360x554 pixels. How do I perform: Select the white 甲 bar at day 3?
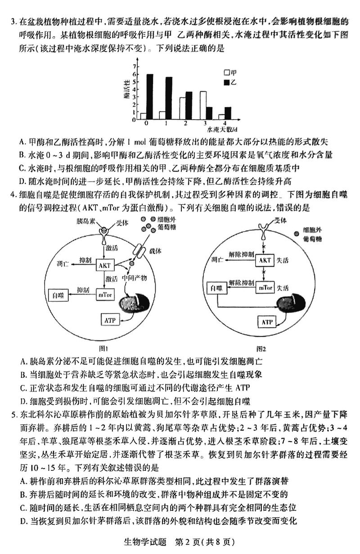tap(203, 106)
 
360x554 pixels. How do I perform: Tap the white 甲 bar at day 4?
tap(221, 117)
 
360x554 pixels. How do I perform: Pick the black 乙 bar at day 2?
tap(189, 106)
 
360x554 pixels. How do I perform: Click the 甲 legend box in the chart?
tap(227, 72)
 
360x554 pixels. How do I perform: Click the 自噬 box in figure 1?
tap(59, 295)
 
